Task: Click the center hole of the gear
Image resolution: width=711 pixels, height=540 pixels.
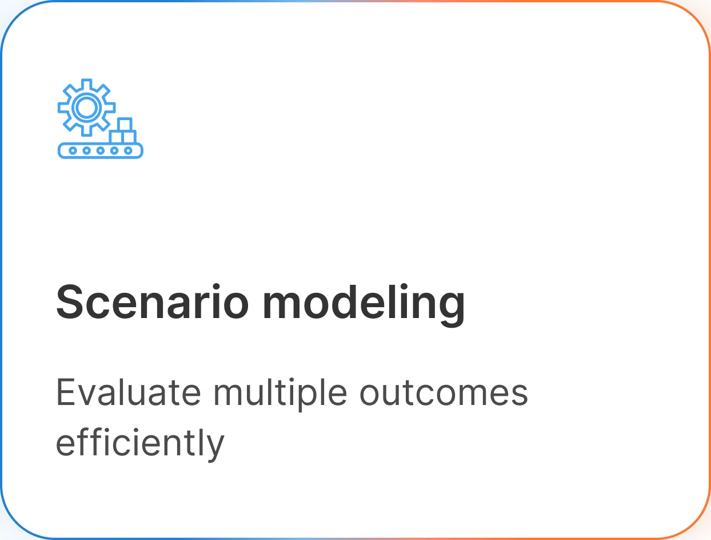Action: pos(86,108)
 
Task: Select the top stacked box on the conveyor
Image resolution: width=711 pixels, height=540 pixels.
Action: pos(125,125)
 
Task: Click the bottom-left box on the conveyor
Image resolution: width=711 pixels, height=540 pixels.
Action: pos(116,137)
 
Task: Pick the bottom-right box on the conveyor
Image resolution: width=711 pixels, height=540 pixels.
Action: pos(129,137)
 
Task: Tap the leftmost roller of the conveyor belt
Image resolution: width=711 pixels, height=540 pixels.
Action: pos(73,150)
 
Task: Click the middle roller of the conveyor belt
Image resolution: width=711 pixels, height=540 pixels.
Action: pos(101,150)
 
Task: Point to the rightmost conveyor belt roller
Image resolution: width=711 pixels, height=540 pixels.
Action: pos(128,150)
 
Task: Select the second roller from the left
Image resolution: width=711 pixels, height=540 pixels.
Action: pos(86,150)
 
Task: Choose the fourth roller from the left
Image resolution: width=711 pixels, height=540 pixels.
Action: pos(114,150)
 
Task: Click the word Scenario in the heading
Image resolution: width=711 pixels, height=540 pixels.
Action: pos(152,302)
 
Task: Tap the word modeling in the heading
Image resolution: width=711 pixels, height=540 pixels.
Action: pos(364,305)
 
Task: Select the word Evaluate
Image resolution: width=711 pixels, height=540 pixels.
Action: pos(129,392)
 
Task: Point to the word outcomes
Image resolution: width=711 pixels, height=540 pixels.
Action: pos(444,394)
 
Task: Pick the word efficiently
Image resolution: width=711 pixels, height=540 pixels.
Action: pos(140,444)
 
